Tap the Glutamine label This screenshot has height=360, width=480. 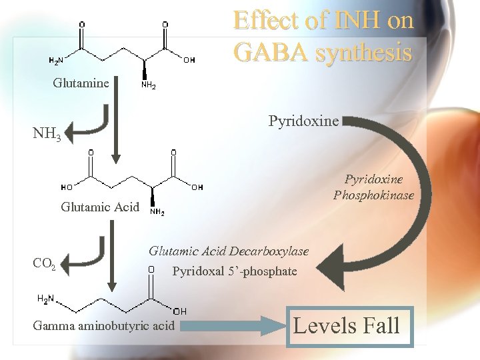(81, 83)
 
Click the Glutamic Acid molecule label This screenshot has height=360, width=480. (100, 207)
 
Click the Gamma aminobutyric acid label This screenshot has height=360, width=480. (103, 326)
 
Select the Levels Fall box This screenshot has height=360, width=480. (349, 326)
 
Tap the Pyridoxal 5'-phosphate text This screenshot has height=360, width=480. (235, 271)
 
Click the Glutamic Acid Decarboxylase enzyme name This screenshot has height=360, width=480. (229, 251)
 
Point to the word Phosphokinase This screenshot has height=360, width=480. (373, 195)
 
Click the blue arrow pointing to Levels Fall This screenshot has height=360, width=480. (230, 327)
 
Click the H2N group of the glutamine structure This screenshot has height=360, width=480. (56, 61)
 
